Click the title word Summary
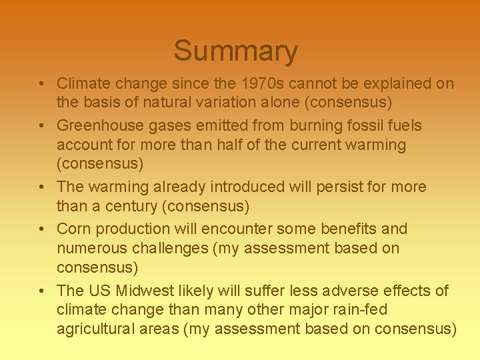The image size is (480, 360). pyautogui.click(x=235, y=51)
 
